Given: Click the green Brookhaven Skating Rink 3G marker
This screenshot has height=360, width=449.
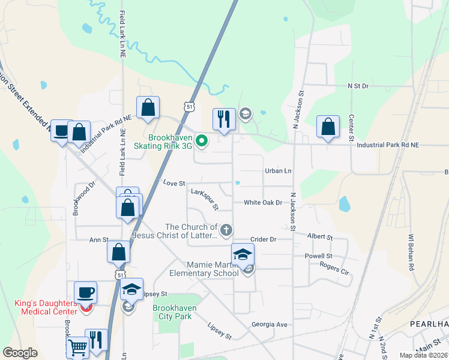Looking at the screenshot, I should (x=202, y=142).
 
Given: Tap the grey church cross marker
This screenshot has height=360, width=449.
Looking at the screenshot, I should (x=226, y=229).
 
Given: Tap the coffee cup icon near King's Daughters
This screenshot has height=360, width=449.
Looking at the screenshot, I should (x=85, y=292).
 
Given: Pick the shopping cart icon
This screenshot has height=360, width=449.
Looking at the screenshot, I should (x=77, y=346).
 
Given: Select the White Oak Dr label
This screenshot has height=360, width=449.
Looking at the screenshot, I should (x=263, y=203).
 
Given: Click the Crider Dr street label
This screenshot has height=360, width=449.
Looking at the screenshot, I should (x=263, y=239).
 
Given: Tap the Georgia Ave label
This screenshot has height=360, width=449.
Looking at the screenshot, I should (x=270, y=325).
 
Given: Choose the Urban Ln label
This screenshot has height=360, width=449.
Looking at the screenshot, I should (x=279, y=171).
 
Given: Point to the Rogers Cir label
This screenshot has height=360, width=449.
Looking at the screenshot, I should (x=334, y=266).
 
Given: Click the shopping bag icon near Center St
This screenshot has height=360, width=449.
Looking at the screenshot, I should (x=328, y=127).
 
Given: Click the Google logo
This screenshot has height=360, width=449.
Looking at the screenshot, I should (x=20, y=353).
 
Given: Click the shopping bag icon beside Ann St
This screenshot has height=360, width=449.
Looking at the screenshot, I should (x=119, y=252).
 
